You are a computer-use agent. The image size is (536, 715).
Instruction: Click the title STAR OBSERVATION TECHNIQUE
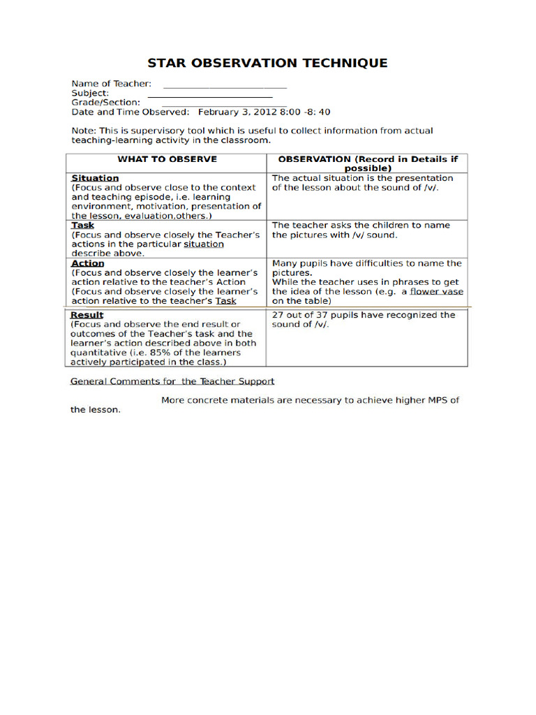[x=267, y=63]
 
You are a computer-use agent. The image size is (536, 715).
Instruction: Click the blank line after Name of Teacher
[x=225, y=87]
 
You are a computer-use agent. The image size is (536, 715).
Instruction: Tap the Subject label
[x=90, y=93]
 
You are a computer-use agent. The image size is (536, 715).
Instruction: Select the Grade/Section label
[x=106, y=102]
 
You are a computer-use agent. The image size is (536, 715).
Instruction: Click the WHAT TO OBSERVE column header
[x=167, y=159]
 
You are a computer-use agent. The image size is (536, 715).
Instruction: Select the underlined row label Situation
[x=95, y=178]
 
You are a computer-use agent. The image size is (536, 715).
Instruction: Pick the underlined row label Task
[x=82, y=226]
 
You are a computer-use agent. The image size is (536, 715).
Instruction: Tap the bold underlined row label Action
[x=87, y=263]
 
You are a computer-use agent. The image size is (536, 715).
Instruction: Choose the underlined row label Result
[x=87, y=315]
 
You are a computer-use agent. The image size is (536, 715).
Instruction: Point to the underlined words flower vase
[x=436, y=292]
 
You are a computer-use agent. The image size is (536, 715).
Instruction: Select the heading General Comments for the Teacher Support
[x=172, y=381]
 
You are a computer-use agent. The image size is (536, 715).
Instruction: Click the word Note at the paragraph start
[x=83, y=131]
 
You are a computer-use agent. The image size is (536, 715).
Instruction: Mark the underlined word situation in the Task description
[x=204, y=244]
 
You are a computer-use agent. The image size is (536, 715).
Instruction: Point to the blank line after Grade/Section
[x=224, y=105]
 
